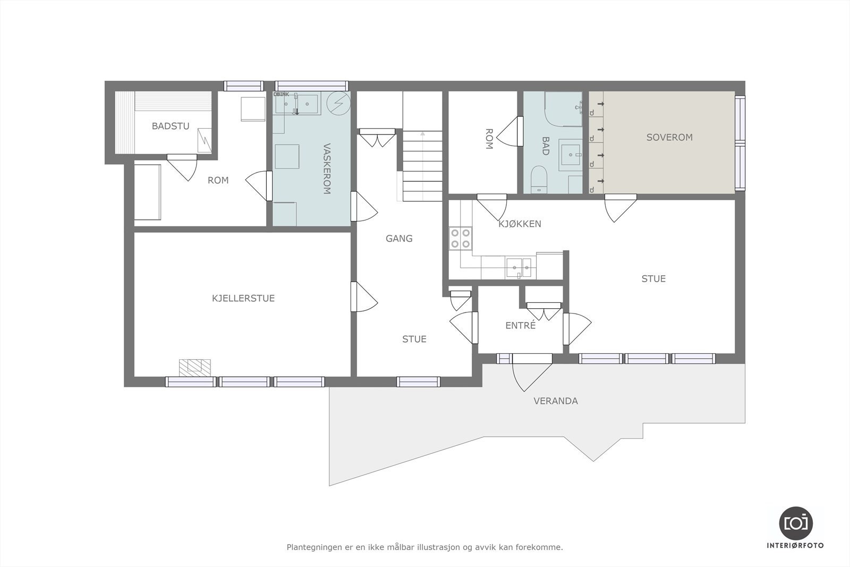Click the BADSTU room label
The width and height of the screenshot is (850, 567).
point(170,126)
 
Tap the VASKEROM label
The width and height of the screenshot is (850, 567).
point(327,168)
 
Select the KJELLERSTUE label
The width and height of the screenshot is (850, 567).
point(243,298)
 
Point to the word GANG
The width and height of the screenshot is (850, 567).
point(399,239)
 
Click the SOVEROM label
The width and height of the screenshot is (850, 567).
point(669,137)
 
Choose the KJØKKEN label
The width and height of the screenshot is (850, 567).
point(520,224)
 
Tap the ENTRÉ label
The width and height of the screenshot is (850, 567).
point(520,326)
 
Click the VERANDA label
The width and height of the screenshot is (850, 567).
point(555,401)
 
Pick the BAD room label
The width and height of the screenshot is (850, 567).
point(546,146)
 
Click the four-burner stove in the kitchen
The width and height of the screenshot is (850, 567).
point(460,238)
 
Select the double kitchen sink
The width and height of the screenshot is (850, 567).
point(518,267)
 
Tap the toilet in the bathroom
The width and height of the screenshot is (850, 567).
point(539,179)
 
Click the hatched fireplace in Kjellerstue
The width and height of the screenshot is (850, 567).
point(194,367)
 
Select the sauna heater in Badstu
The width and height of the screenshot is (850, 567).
point(204,140)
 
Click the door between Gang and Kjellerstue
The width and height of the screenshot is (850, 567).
point(363,297)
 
